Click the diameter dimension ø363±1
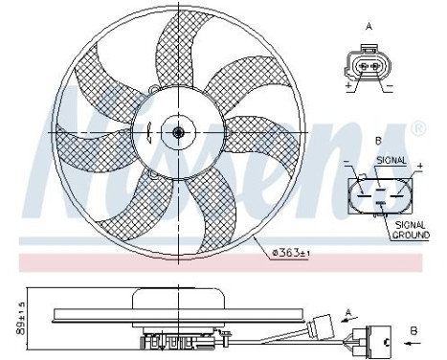(292, 252)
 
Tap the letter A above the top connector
(369, 26)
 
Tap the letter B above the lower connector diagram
(377, 142)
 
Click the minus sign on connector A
(389, 85)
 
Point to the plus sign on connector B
(418, 165)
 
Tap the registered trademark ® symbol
(417, 127)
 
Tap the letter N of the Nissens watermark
(72, 144)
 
